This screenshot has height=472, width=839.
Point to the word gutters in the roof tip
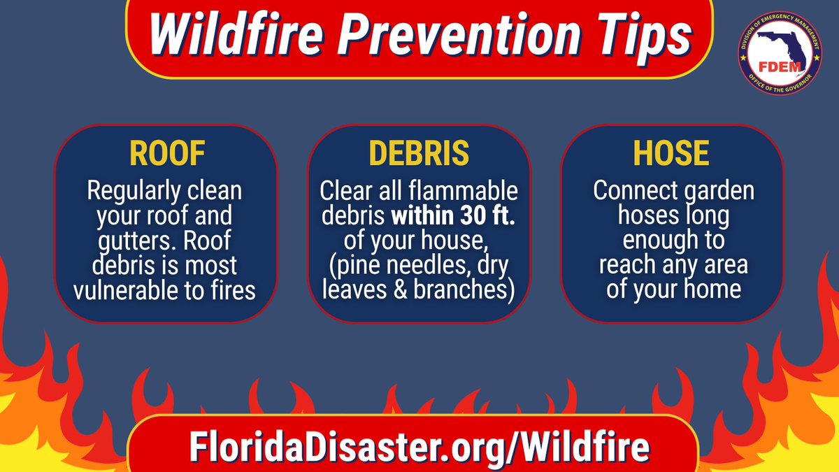pos(118,241)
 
